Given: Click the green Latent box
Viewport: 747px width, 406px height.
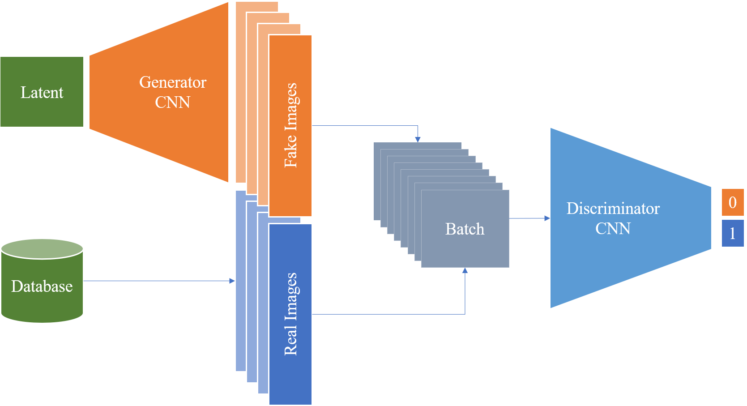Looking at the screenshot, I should click(42, 92).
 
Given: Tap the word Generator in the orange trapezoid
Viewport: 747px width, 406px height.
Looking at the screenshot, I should click(173, 82).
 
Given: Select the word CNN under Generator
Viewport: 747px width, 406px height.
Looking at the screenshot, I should click(173, 103).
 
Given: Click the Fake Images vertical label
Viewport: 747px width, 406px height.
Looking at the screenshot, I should click(291, 125).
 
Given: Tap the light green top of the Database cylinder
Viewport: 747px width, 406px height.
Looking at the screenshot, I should click(42, 248).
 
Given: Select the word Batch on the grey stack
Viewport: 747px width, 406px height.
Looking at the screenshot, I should click(465, 229).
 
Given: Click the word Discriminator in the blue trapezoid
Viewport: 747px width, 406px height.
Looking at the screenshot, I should click(613, 209).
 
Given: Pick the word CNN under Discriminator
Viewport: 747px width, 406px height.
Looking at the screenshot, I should click(613, 229).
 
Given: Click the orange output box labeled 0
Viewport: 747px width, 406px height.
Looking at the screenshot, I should click(733, 202).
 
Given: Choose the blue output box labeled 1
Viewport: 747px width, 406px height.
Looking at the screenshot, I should click(733, 233).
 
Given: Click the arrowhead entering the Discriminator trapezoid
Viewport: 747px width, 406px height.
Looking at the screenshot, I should click(546, 218).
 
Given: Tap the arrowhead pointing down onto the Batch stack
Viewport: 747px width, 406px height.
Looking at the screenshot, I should click(418, 140).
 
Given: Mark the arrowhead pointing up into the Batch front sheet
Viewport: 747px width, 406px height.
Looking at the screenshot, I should click(465, 270).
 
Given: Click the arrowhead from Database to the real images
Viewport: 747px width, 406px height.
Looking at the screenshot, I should click(232, 281).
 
